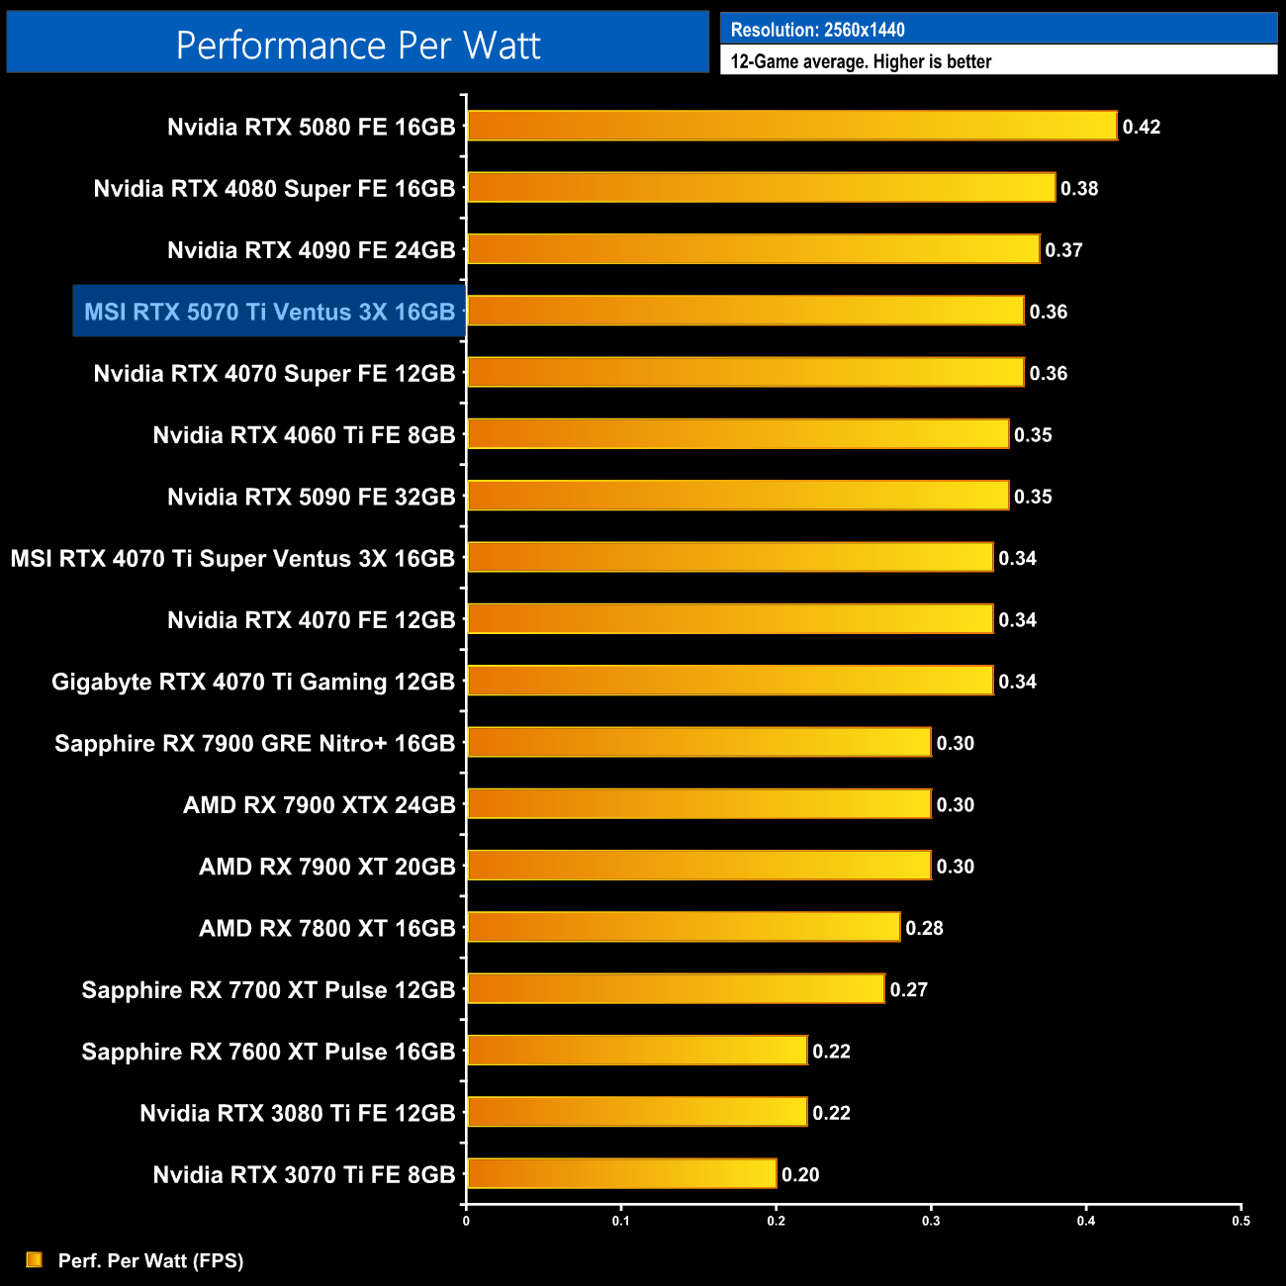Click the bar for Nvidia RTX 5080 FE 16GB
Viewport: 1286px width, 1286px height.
[791, 126]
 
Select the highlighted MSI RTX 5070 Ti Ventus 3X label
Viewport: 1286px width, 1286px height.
[269, 312]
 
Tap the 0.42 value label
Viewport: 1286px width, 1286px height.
[1141, 127]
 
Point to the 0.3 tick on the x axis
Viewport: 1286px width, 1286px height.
[931, 1221]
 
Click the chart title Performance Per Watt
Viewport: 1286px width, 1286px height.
[358, 46]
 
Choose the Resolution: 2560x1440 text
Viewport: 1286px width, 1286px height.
[817, 30]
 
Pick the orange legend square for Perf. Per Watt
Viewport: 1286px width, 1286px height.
[35, 1259]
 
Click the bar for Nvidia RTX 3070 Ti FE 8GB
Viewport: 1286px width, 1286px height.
[621, 1174]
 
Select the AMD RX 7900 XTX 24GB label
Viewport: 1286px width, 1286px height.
[319, 804]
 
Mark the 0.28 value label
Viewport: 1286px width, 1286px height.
[924, 928]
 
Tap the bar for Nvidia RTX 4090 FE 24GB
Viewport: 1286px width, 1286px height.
[753, 249]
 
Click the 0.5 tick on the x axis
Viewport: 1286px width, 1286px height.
[1240, 1221]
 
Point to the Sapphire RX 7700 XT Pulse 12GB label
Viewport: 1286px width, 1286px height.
[268, 989]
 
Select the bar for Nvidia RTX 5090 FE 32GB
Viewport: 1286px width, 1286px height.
[738, 496]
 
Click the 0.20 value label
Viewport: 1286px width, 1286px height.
[800, 1174]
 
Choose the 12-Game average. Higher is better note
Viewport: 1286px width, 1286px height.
[861, 61]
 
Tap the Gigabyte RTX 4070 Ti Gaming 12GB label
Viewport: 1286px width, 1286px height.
[253, 682]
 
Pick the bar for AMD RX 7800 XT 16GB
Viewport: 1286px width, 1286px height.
[684, 927]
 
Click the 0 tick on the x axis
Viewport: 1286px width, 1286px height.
[466, 1221]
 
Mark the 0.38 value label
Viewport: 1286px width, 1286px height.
[1079, 188]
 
